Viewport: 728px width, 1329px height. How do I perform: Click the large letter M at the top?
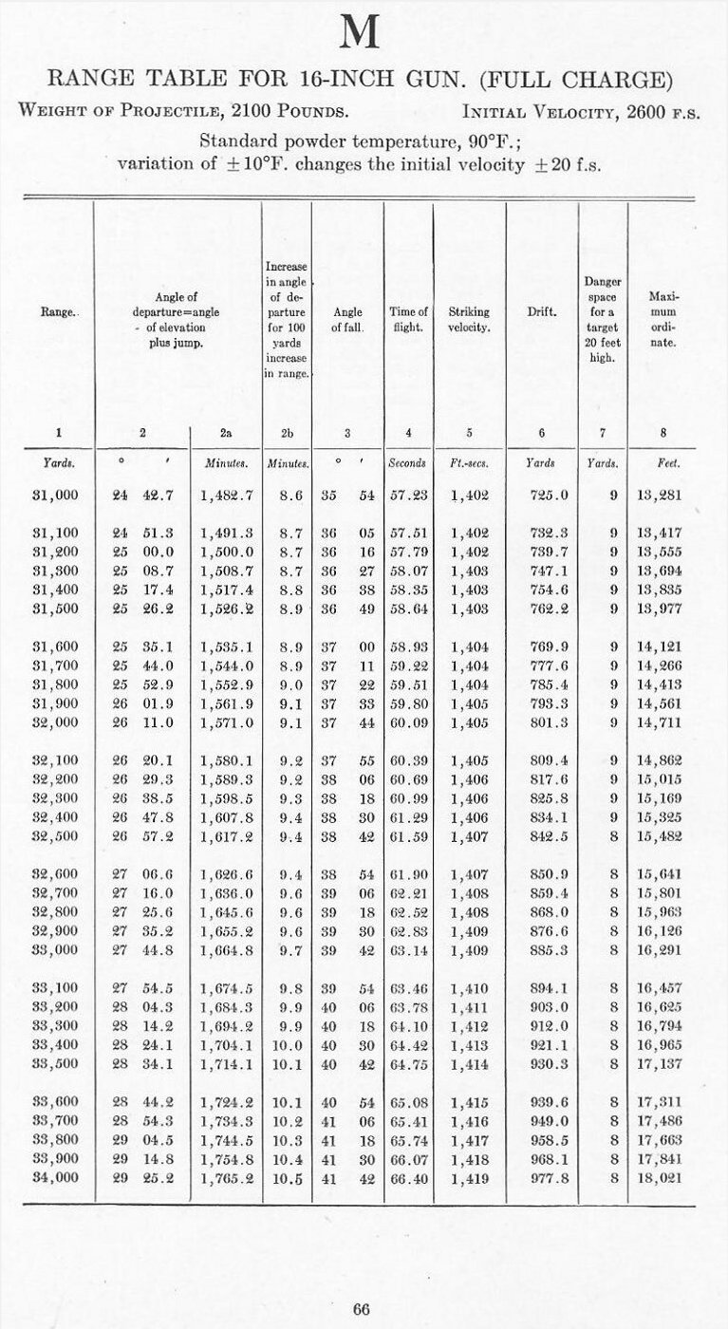coord(361,34)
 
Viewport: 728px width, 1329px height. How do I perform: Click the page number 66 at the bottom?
coord(361,1309)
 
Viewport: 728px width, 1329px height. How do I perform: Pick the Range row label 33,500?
coord(55,1062)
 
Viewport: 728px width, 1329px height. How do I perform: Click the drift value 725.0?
coord(551,495)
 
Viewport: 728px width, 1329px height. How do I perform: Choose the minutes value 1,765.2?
coord(226,1177)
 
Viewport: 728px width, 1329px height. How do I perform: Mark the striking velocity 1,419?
coord(469,1177)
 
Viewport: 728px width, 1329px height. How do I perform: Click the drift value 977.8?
coord(551,1177)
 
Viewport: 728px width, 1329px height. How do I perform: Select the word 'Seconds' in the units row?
coord(408,464)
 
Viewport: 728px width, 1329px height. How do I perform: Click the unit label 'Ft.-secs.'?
coord(469,464)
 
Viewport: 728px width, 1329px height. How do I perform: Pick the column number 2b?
coord(287,433)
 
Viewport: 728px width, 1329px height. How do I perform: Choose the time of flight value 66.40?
coord(408,1177)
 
